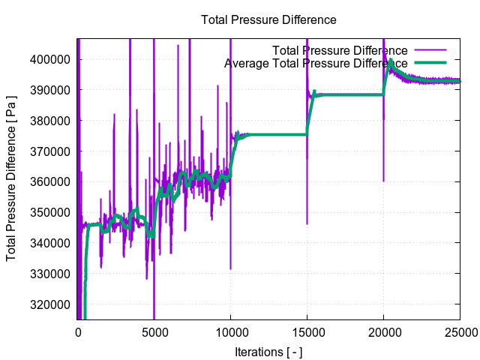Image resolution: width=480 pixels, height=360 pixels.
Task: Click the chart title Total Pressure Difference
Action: [268, 20]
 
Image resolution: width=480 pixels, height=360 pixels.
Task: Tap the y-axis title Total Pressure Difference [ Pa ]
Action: [12, 180]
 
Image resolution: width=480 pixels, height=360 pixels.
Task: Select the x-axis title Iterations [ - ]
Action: [268, 352]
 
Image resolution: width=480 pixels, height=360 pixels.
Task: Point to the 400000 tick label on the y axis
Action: [51, 59]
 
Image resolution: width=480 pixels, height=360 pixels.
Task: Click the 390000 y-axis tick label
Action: [51, 90]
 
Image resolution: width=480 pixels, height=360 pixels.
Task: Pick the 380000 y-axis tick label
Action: [51, 121]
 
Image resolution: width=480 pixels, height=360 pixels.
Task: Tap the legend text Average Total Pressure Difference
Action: [316, 64]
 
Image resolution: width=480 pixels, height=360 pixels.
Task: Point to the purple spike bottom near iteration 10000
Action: [231, 268]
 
